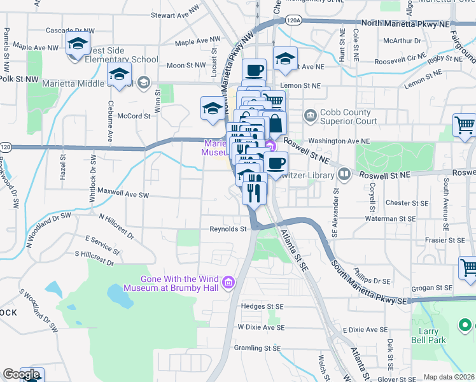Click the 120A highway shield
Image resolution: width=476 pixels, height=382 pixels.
click(293, 20)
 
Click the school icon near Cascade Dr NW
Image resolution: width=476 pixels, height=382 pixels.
click(78, 44)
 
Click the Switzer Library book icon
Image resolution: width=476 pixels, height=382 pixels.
click(344, 173)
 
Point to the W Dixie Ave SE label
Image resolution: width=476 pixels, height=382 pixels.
click(260, 327)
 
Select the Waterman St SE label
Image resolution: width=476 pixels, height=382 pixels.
click(390, 218)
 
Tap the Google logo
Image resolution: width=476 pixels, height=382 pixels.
click(21, 374)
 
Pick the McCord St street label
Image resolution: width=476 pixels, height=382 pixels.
click(134, 116)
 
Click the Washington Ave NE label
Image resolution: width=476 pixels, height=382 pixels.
click(339, 141)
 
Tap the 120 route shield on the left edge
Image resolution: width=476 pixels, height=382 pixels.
click(6, 147)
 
